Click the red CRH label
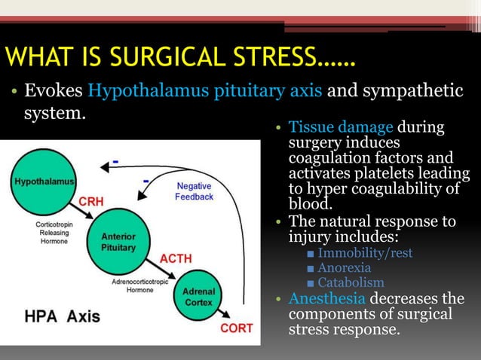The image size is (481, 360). click(92, 202)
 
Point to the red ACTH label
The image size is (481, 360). click(175, 258)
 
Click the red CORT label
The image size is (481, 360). click(236, 328)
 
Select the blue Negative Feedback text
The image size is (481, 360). click(194, 191)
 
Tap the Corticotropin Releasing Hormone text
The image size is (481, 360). click(54, 233)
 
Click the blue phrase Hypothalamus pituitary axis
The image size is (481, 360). click(206, 91)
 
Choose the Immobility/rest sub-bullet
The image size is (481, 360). click(365, 252)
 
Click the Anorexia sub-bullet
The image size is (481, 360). click(345, 267)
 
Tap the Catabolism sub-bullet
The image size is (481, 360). click(351, 282)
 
